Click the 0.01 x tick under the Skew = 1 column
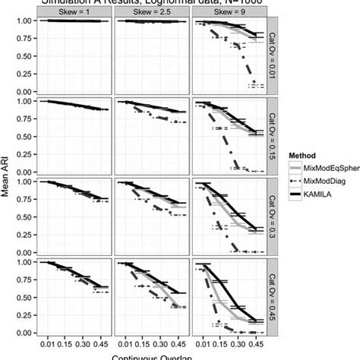tap(47, 344)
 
